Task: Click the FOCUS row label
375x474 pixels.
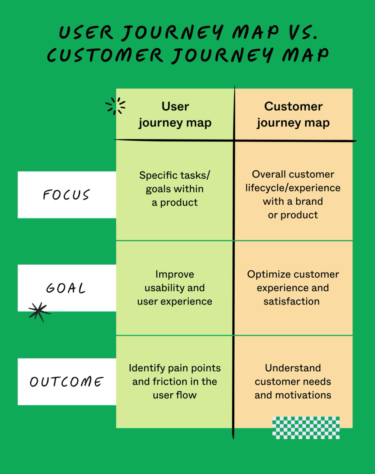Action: pos(66,195)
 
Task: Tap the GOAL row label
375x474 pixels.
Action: pos(66,288)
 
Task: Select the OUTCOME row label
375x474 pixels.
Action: pos(66,382)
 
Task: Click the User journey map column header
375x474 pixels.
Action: pos(175,114)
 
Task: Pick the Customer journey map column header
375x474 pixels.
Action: pos(293,114)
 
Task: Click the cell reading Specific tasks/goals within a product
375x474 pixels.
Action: pos(175,189)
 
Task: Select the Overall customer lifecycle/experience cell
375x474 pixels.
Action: pos(293,194)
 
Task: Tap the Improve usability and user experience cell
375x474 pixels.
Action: pos(175,288)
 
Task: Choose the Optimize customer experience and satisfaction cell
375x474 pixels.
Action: pos(293,288)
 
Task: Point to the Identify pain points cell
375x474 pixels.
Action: pos(175,381)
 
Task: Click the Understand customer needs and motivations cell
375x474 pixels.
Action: pos(293,381)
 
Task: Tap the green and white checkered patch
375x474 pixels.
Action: pos(306,427)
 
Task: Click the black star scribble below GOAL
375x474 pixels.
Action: pos(39,312)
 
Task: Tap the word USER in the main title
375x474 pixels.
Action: pos(86,32)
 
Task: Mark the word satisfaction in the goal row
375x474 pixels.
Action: pos(291,301)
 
